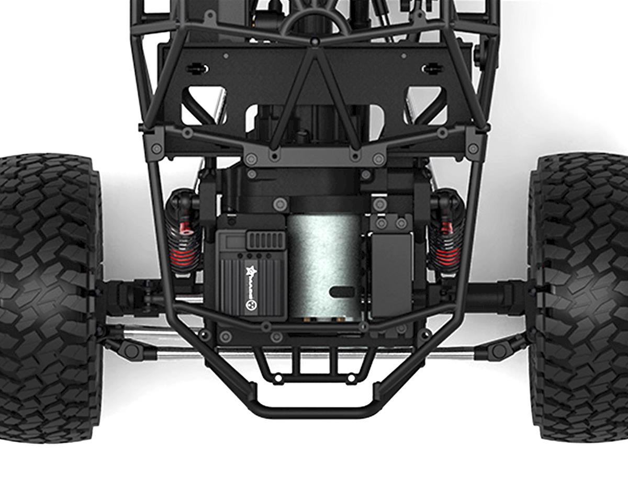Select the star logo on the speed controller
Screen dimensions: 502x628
(250, 271)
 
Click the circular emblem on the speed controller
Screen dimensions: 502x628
(250, 303)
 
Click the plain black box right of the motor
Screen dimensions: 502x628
(391, 275)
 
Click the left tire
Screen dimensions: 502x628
(47, 298)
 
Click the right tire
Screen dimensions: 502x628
(578, 298)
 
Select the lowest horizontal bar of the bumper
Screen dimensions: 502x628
(314, 410)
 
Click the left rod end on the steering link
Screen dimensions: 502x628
(132, 351)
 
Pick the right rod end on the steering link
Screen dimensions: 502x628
(499, 351)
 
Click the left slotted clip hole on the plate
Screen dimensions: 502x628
(198, 68)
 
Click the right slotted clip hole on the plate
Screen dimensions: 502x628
(432, 68)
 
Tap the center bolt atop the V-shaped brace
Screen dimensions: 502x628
(315, 41)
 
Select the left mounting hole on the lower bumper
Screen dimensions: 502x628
(278, 376)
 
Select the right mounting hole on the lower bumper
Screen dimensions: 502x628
(351, 376)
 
